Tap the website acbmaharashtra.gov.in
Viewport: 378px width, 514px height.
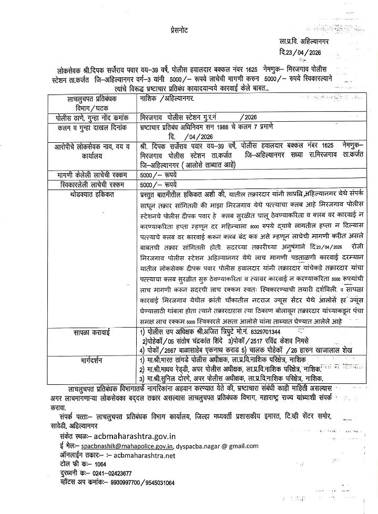pos(135,437)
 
